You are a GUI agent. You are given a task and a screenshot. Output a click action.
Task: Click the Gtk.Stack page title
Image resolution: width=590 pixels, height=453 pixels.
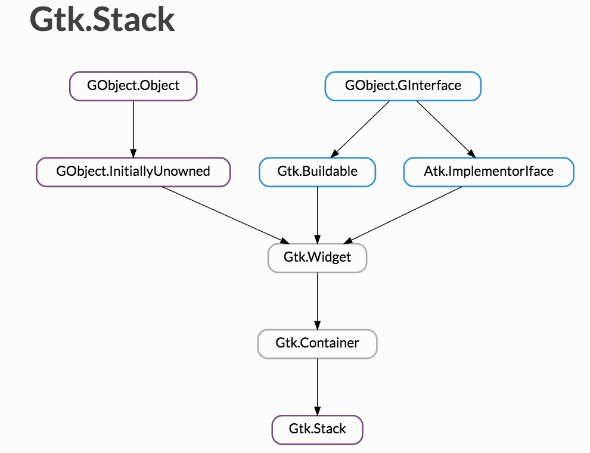[102, 20]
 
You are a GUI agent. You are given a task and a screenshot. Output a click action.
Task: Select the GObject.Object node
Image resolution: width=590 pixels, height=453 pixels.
[133, 86]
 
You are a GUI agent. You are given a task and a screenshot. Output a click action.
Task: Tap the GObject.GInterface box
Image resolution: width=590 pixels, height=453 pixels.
[403, 86]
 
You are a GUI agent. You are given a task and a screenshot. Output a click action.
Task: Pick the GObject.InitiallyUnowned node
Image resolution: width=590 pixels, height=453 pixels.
[133, 172]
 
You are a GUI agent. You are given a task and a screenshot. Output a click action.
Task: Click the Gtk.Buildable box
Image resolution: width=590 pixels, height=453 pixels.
[317, 172]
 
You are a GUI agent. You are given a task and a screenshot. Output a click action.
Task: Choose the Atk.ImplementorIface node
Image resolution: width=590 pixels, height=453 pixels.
[489, 172]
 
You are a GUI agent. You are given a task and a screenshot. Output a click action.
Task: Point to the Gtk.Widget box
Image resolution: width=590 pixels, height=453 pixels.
[317, 258]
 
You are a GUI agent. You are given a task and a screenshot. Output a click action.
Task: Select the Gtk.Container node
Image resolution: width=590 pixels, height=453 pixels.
[317, 344]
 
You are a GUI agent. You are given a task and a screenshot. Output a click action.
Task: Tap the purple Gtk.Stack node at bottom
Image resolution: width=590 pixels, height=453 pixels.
[317, 430]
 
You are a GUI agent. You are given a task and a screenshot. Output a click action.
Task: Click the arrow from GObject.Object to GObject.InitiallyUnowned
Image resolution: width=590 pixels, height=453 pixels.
[133, 129]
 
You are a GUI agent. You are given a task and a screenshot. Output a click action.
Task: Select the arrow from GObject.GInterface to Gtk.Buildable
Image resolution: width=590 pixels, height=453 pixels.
[360, 129]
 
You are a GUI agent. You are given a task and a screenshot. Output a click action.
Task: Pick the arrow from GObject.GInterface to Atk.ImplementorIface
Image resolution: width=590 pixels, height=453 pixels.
[446, 129]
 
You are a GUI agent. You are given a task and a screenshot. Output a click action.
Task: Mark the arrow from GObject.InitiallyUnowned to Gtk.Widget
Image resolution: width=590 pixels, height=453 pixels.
[226, 215]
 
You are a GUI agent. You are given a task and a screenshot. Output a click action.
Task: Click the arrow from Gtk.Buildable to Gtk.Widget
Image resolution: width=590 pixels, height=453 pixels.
[317, 215]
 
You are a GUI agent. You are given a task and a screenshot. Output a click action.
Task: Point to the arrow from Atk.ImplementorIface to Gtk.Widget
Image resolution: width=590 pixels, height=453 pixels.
[403, 215]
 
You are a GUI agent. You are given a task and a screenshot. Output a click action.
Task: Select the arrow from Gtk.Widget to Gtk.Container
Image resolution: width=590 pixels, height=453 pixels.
[317, 301]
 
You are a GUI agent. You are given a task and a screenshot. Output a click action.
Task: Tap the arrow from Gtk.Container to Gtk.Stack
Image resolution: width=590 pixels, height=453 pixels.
[317, 387]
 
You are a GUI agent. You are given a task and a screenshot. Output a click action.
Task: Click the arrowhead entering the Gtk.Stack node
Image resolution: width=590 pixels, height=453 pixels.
[317, 411]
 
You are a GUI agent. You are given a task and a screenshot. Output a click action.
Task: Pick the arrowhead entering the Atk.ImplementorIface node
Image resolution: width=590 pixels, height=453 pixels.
[472, 154]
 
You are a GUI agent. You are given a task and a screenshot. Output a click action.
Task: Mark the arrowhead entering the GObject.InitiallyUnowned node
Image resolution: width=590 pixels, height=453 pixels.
[133, 153]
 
